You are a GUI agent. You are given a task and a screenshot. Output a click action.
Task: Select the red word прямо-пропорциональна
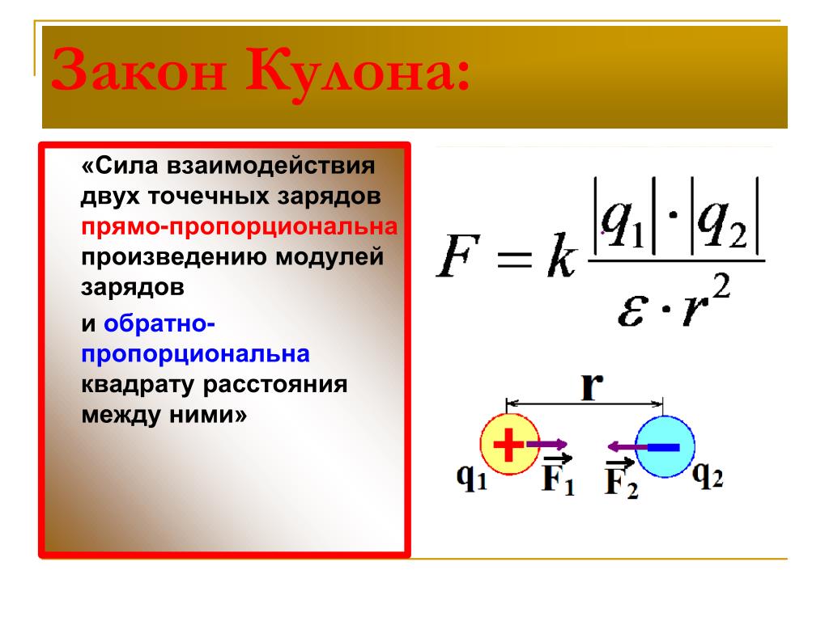240,226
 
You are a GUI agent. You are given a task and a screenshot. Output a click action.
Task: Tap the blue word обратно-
159,323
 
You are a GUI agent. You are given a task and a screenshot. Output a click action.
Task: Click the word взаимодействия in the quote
271,167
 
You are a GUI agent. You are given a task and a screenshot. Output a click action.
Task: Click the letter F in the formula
458,256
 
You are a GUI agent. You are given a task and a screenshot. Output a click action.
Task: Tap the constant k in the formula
562,255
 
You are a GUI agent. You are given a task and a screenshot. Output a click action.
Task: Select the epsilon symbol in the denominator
632,310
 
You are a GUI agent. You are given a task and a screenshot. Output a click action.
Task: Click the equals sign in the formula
514,259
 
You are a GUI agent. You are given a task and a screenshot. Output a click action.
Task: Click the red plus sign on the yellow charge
508,445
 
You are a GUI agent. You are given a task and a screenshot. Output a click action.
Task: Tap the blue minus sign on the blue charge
663,447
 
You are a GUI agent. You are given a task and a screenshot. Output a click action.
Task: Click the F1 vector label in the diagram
558,475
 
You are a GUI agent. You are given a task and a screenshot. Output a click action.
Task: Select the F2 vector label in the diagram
621,479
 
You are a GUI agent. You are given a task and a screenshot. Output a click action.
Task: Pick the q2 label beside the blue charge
708,475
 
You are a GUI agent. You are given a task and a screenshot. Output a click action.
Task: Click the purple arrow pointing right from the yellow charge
546,444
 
